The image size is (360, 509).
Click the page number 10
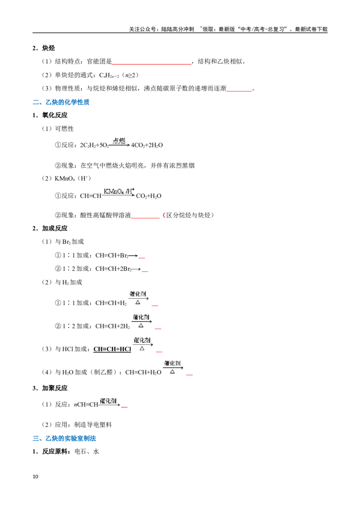pos(36,476)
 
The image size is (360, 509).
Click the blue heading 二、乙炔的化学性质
pos(61,102)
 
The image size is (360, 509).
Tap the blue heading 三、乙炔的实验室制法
pos(64,438)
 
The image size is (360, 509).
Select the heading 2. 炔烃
pos(44,48)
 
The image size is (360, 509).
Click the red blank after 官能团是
pos(151,64)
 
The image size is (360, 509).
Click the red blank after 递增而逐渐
pos(239,91)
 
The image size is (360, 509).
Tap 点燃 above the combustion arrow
pos(119,141)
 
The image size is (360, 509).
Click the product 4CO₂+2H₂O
pos(147,145)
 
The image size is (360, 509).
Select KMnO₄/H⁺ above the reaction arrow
pos(119,191)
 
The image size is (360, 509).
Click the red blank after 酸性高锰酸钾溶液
pos(145,218)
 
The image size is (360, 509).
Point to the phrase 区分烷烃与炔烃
pos(189,215)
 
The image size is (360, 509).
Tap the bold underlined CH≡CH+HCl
pos(112,349)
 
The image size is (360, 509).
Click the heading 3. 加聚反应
pos(50,388)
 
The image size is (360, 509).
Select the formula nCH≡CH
pos(86,405)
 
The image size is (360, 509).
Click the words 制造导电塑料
pos(93,424)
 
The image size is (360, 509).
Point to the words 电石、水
pos(87,451)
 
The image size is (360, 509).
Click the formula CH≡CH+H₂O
pos(143,372)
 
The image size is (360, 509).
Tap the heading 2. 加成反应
pos(50,228)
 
